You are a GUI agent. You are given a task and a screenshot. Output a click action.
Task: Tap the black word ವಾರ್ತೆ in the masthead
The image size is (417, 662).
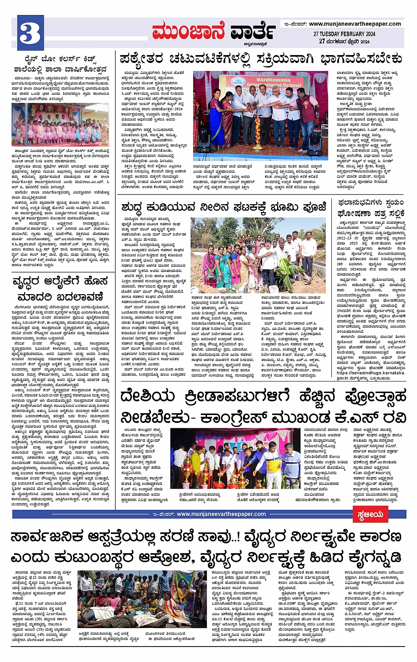click(253, 32)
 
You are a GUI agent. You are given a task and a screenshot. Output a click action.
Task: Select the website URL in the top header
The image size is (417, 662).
click(355, 24)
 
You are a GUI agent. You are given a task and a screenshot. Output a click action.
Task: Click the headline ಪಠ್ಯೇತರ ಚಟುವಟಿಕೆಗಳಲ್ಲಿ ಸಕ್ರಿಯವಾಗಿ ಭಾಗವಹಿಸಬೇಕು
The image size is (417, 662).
click(261, 58)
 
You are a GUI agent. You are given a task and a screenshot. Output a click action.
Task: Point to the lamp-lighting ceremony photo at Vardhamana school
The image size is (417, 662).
click(260, 116)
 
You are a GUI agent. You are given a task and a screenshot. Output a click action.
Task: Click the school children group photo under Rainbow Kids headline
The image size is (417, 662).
click(60, 125)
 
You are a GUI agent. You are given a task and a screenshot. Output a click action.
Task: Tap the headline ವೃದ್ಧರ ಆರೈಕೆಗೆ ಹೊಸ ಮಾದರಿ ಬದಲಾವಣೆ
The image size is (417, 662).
click(60, 288)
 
